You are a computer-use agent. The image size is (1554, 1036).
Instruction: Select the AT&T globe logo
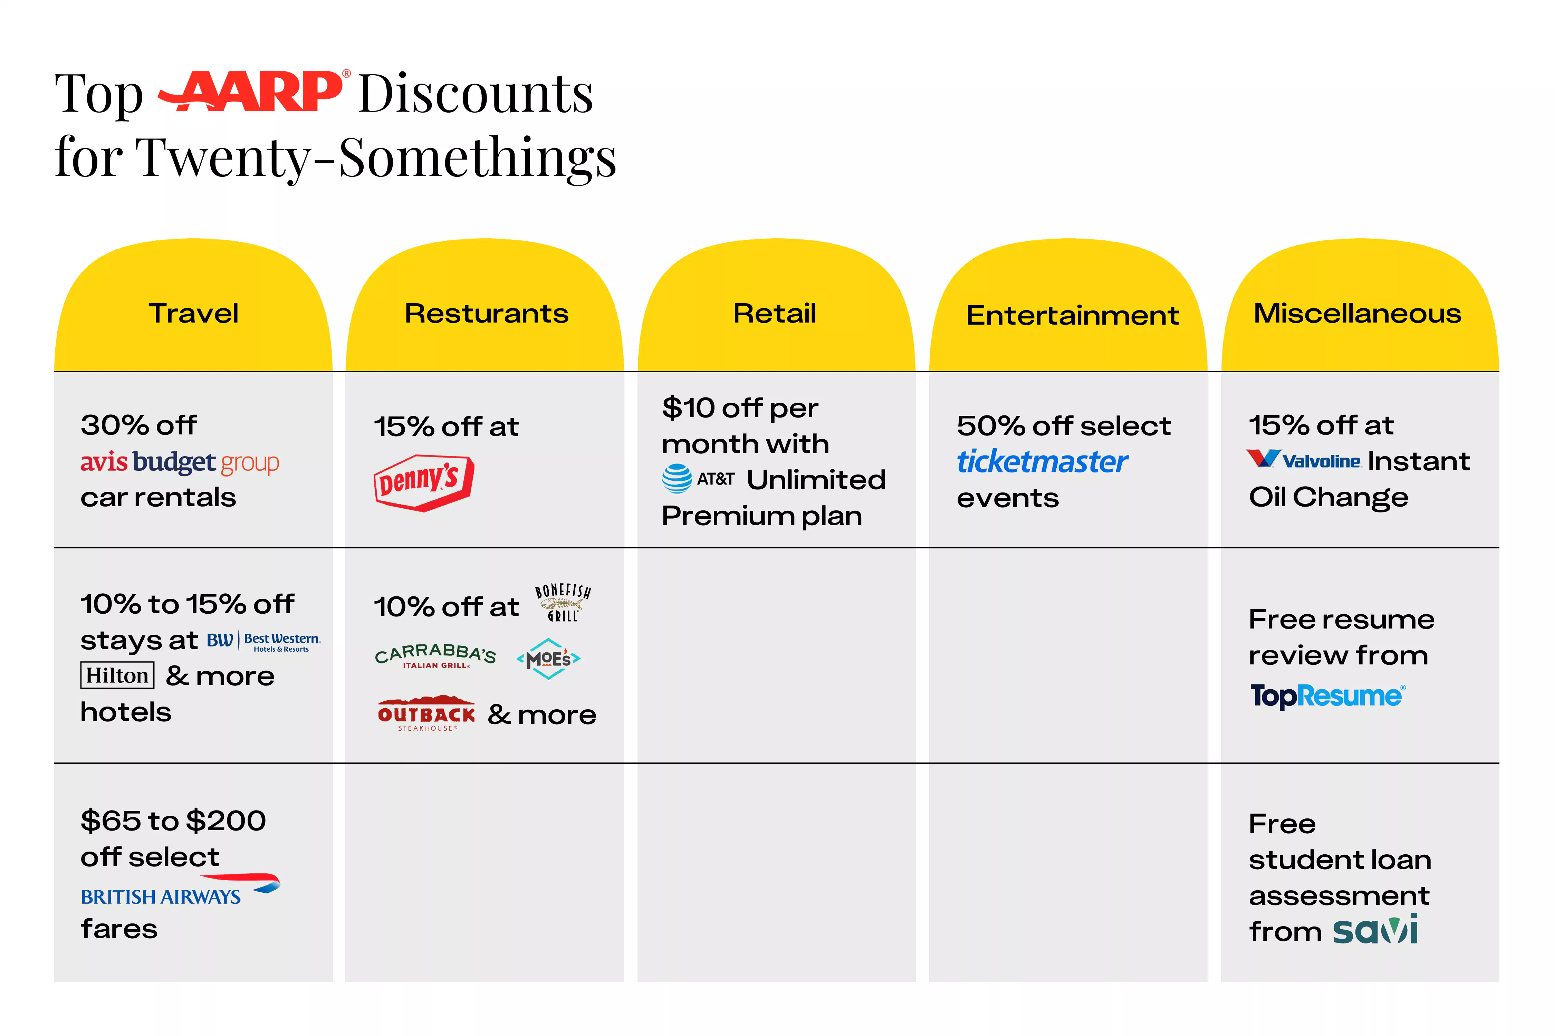(x=677, y=478)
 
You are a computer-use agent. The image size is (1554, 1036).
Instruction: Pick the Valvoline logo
(x=1303, y=460)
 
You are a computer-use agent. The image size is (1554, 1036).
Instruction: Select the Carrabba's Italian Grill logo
(x=435, y=655)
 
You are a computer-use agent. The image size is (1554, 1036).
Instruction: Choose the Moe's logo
(x=548, y=659)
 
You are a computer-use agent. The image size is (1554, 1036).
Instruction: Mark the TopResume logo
(x=1327, y=696)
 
